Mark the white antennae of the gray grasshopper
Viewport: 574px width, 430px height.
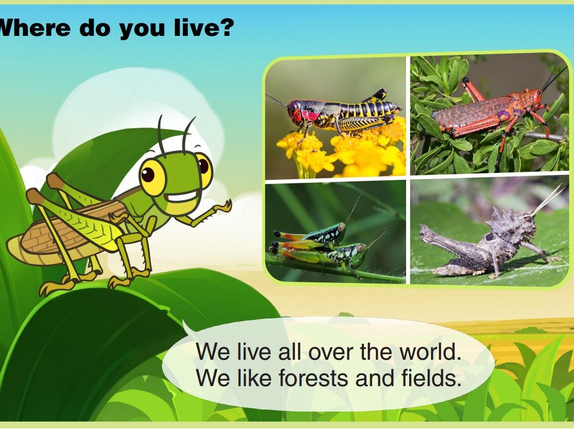(547, 199)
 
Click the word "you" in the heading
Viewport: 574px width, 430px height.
(142, 29)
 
